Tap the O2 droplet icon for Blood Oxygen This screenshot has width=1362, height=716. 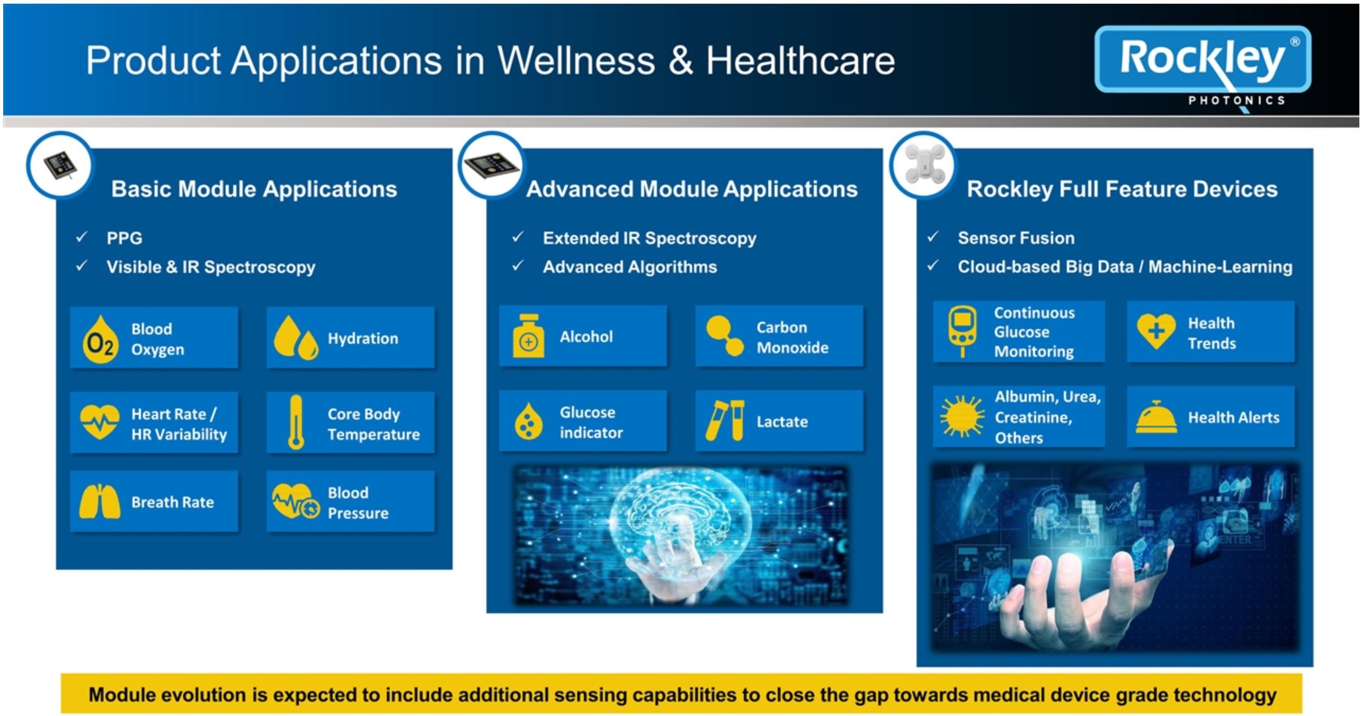click(x=100, y=340)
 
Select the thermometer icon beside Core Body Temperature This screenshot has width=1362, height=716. click(x=296, y=422)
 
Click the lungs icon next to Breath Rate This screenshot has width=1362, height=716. click(x=99, y=501)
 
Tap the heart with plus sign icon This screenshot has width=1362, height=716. click(x=1156, y=331)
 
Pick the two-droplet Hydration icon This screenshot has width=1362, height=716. click(x=296, y=338)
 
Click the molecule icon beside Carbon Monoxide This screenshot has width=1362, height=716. click(x=725, y=336)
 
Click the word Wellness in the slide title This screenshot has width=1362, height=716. click(x=576, y=60)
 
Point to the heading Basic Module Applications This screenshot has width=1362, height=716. click(x=254, y=189)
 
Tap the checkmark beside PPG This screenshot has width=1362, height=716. click(x=82, y=237)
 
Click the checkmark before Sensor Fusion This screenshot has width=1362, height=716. click(x=932, y=237)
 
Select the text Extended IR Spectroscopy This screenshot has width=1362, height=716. click(x=649, y=238)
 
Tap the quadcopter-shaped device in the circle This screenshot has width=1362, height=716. click(x=924, y=164)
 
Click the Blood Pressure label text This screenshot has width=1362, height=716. click(x=358, y=502)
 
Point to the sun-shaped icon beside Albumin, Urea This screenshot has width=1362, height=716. click(x=962, y=417)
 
